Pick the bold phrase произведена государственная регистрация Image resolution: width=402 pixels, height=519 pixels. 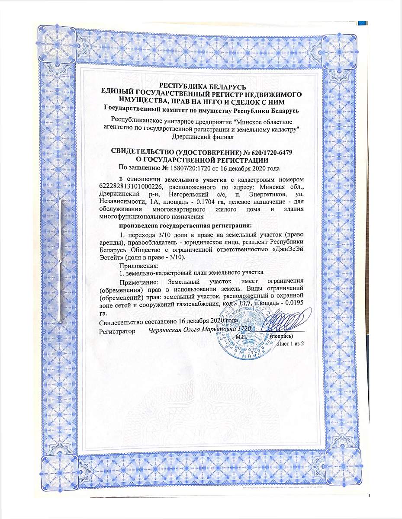(185, 225)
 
